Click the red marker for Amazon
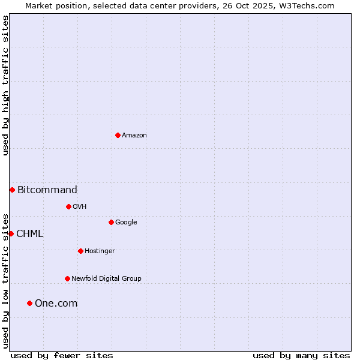(118, 135)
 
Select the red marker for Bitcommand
(12, 190)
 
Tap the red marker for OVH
(68, 206)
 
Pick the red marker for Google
(111, 222)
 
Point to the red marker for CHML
(11, 233)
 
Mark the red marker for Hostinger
(80, 251)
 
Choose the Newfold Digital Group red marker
(67, 278)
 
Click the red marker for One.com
(29, 303)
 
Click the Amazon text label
(134, 136)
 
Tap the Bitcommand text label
(47, 190)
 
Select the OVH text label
(80, 207)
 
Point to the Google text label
(126, 223)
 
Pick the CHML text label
(30, 234)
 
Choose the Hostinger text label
(100, 251)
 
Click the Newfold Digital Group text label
(106, 279)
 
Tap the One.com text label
(56, 304)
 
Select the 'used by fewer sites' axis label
(62, 355)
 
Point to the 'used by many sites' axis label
(301, 355)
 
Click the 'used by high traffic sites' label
(5, 85)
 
